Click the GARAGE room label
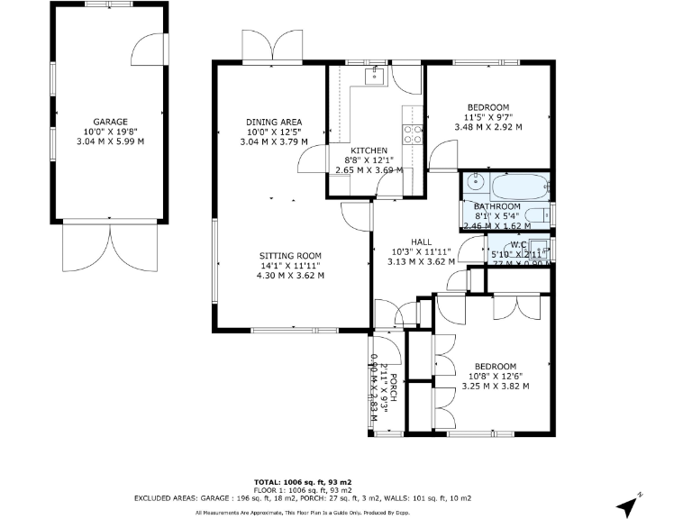point(110,122)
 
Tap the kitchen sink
point(376,77)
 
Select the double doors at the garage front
point(110,245)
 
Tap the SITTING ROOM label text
point(290,256)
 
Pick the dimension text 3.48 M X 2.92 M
point(487,127)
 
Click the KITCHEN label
point(369,150)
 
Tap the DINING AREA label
point(274,123)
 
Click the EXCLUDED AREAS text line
point(302,497)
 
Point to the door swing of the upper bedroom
point(442,159)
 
